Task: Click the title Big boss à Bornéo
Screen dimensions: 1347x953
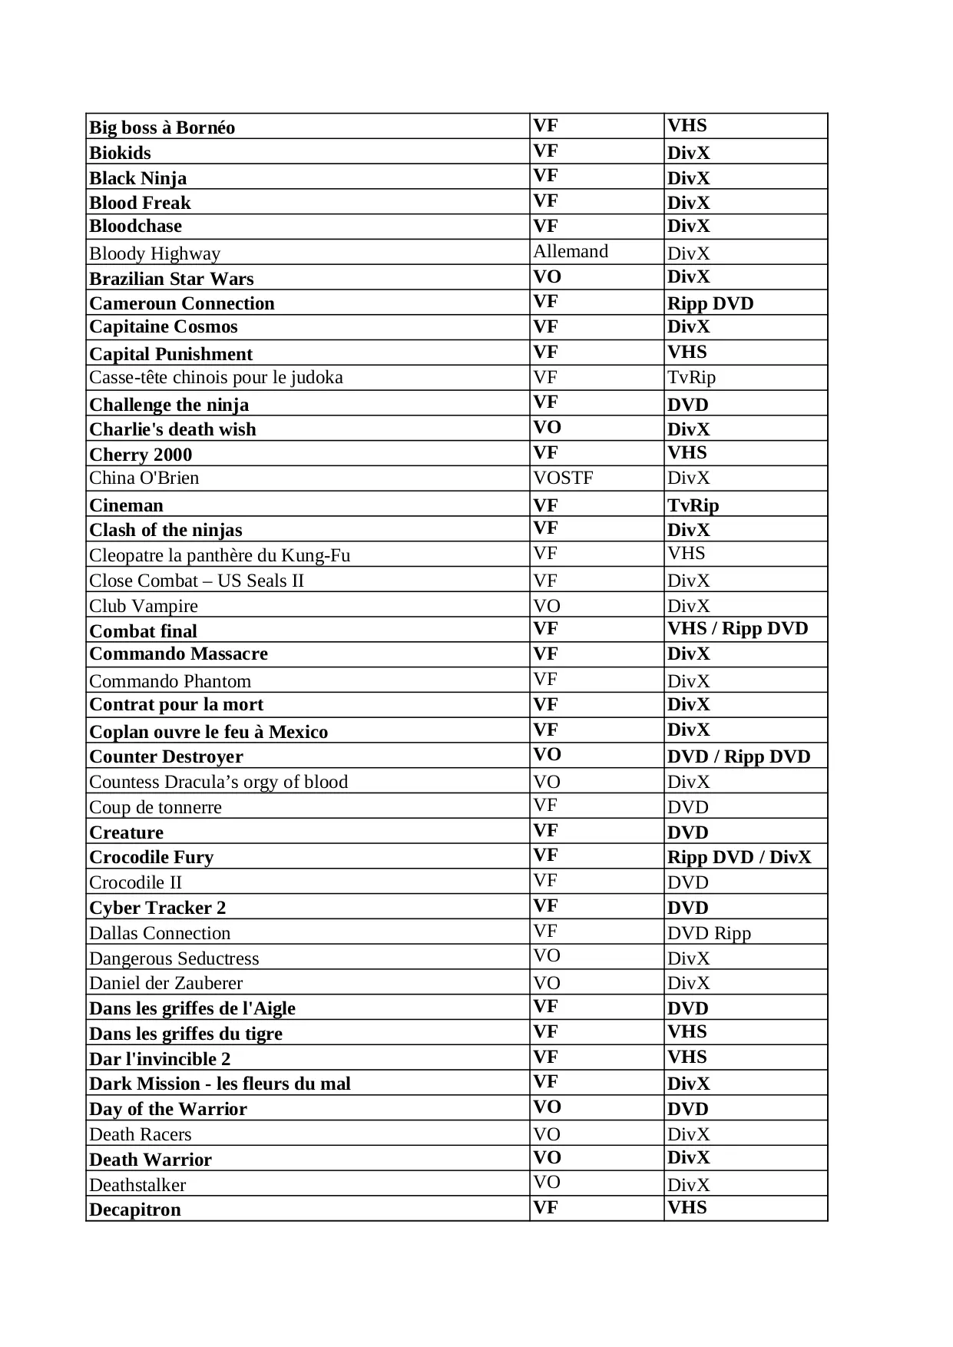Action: click(162, 127)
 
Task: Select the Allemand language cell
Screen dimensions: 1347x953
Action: click(571, 252)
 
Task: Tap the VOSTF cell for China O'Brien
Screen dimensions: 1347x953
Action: click(563, 478)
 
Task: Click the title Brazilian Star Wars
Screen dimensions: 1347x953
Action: click(171, 279)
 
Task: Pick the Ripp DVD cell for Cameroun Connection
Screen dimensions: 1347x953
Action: click(710, 303)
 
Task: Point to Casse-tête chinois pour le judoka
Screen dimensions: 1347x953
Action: click(216, 377)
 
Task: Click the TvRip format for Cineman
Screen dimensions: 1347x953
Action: click(693, 505)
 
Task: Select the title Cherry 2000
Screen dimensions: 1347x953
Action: click(141, 455)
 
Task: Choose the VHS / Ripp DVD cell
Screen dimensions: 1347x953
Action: click(737, 629)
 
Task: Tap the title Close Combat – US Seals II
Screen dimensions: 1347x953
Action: click(197, 581)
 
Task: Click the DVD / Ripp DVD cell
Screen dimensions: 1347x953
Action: click(739, 756)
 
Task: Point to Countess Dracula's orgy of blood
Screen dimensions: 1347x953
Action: click(218, 782)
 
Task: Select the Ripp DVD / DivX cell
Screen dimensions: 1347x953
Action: click(739, 857)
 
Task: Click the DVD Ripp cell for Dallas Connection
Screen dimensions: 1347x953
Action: click(709, 933)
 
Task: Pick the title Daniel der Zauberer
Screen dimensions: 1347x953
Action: click(166, 983)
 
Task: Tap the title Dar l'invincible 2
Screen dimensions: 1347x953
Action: click(160, 1059)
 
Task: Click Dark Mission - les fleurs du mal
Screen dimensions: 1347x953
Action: click(220, 1084)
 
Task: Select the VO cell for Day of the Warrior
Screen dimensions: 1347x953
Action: click(547, 1107)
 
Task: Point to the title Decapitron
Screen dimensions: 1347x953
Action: click(135, 1210)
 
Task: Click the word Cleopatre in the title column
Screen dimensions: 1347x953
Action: click(125, 555)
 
